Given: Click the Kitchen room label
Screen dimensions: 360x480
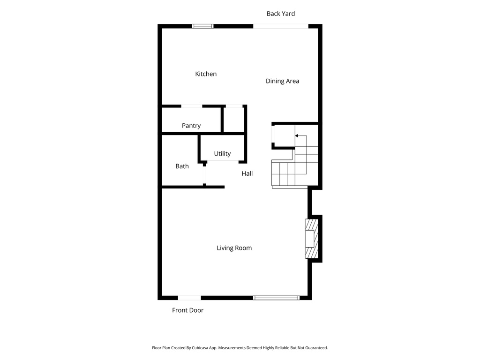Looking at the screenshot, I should point(206,74).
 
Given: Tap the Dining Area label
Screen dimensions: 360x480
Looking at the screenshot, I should point(282,81).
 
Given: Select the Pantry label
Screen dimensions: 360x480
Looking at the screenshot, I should point(191,126).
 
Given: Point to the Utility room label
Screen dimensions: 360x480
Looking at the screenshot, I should point(222,154).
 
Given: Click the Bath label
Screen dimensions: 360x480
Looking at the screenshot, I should point(182,166).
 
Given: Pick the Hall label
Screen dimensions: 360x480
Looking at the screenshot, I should point(247,174).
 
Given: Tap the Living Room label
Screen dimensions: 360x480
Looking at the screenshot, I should point(234,248).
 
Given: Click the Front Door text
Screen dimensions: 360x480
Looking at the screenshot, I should point(187,310).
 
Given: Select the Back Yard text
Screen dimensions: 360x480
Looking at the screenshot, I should point(281,14).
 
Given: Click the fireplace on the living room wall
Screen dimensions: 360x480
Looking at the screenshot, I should point(311,239).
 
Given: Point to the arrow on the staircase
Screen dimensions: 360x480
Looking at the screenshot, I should point(297,136).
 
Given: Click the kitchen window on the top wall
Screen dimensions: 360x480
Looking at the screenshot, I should point(203,26).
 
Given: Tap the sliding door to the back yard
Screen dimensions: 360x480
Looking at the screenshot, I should point(281,26).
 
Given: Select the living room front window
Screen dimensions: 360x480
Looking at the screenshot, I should point(276,298).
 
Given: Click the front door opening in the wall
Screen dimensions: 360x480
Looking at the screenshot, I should point(189,298).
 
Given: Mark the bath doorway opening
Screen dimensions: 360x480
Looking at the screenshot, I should point(205,174).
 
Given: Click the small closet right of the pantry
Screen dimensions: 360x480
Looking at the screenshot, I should point(233,120).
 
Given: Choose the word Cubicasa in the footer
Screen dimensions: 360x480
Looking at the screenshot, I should point(210,348).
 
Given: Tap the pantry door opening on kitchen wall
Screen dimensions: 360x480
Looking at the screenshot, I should point(192,106).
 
